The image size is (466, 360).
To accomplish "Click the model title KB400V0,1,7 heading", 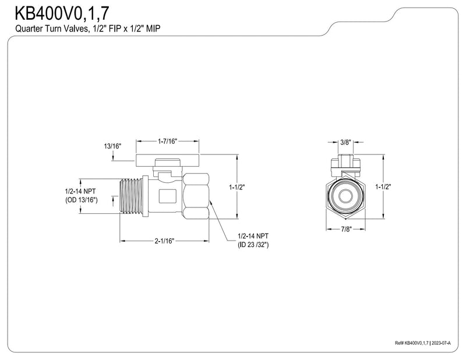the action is tap(62, 13).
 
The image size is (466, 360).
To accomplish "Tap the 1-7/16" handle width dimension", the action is tap(167, 141).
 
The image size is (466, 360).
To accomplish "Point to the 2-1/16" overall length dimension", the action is tap(164, 241).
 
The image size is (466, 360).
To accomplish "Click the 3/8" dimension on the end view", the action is tap(345, 142).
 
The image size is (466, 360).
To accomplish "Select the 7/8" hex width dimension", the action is tap(346, 229).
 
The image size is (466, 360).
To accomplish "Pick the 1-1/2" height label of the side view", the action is tap(236, 188).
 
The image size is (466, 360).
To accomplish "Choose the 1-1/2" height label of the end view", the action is tap(383, 186).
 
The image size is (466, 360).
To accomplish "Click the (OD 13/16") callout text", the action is tap(82, 200).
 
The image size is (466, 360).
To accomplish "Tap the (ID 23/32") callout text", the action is tap(253, 245).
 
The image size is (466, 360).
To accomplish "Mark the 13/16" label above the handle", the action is tap(112, 146).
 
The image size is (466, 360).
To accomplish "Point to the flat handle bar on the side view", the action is tap(168, 160).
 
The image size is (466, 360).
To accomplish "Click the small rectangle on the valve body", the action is tap(168, 196).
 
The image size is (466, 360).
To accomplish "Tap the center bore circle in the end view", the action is tap(346, 196).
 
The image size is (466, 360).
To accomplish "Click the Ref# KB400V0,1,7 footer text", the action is tap(412, 343).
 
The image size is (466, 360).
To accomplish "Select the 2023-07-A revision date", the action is tap(442, 343).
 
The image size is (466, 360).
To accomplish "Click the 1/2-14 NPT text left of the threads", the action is tap(80, 191).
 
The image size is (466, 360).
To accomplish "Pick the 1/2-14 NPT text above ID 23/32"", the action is tap(253, 236).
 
